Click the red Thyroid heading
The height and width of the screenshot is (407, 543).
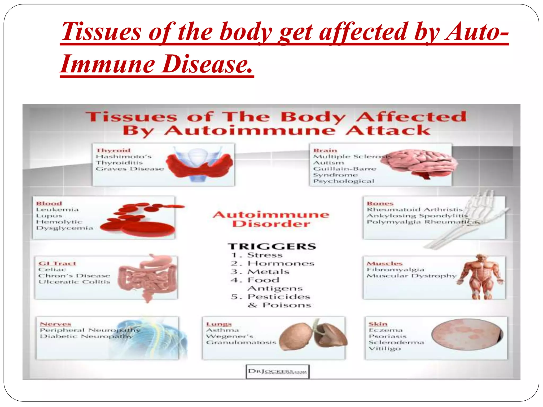[x=113, y=151]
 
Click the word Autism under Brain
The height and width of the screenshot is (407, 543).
[x=329, y=163]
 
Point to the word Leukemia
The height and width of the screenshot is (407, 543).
[x=58, y=210]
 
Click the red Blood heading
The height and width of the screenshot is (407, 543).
[x=49, y=203]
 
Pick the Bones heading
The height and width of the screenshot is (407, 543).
[x=380, y=203]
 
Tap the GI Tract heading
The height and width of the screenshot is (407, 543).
[x=57, y=263]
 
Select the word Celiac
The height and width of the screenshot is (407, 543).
[x=52, y=269]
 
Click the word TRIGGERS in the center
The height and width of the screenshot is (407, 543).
[x=272, y=246]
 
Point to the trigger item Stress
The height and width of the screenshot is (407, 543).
[x=265, y=255]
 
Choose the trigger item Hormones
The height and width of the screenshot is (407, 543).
[x=281, y=264]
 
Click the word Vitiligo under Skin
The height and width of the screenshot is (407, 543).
[x=385, y=348]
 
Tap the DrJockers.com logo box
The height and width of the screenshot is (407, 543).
[x=277, y=371]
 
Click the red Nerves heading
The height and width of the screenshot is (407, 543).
[x=55, y=324]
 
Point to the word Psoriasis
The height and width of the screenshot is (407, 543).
[x=387, y=336]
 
